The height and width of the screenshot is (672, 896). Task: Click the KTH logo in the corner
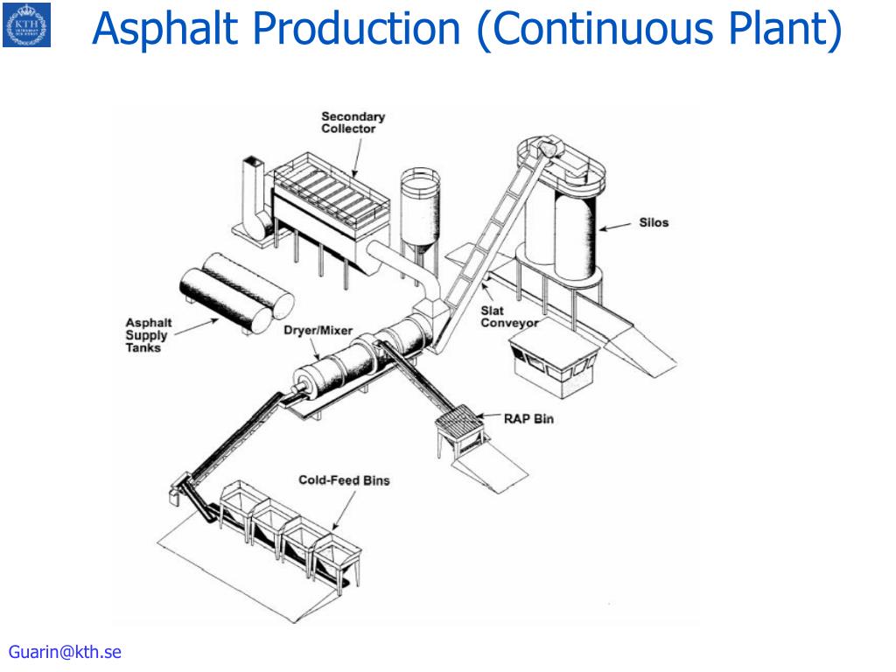tap(26, 24)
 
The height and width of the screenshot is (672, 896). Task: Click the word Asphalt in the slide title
tap(166, 28)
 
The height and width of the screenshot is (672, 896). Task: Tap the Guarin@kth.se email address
tap(65, 652)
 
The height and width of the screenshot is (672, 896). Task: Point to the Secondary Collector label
tap(353, 122)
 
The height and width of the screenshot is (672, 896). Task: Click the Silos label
tap(653, 223)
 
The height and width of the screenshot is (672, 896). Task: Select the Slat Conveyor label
tap(508, 317)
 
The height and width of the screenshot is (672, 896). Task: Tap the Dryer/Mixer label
tap(318, 331)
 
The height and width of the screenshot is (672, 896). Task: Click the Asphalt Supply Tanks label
tap(149, 335)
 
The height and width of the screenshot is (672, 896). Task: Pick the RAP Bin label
tap(528, 419)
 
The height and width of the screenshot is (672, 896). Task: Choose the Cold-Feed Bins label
tap(344, 480)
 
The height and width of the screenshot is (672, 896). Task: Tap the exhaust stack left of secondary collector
tap(252, 197)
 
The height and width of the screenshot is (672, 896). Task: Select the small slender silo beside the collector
tap(421, 210)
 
